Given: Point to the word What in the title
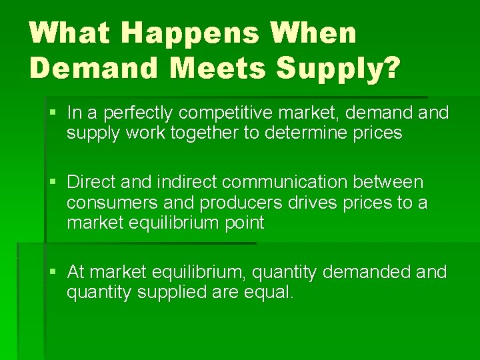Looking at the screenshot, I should pos(68,34).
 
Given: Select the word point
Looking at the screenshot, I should pos(245,223).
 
